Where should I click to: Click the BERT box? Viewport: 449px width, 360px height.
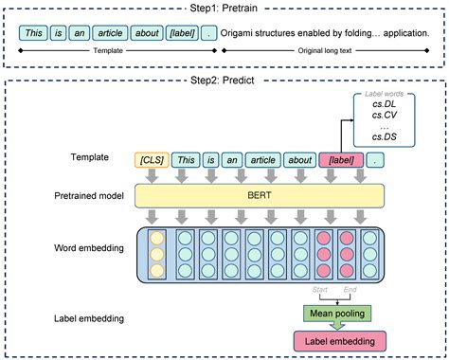[260, 196]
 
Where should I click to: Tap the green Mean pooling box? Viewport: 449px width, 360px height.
[335, 313]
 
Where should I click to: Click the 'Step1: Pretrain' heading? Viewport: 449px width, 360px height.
[224, 8]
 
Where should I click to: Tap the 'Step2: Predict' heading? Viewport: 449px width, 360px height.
[224, 81]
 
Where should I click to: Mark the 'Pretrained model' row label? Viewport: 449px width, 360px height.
[84, 196]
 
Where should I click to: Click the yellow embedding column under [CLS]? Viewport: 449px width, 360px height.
[156, 254]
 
